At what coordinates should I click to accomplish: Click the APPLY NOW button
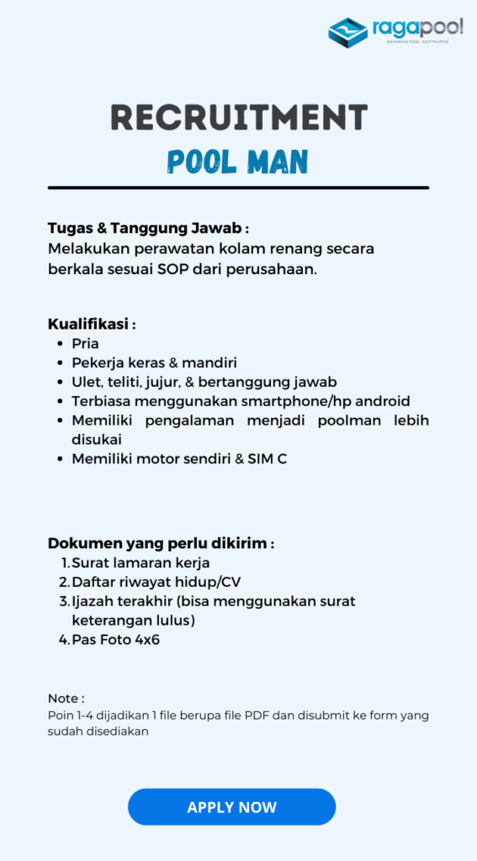231,807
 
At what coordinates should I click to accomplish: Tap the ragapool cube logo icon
347,32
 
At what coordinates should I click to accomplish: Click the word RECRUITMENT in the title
239,119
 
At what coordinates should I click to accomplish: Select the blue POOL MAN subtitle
238,161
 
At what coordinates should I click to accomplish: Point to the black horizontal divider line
238,188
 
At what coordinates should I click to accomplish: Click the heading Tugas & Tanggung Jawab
148,229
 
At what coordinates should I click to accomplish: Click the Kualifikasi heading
91,324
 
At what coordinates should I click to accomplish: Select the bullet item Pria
85,343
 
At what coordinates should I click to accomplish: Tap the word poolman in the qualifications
347,420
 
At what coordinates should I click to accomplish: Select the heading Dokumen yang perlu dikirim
161,543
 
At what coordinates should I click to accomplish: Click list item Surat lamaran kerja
140,563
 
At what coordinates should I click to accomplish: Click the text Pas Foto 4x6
115,640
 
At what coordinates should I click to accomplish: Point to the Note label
66,699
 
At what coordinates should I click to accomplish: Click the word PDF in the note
257,716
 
